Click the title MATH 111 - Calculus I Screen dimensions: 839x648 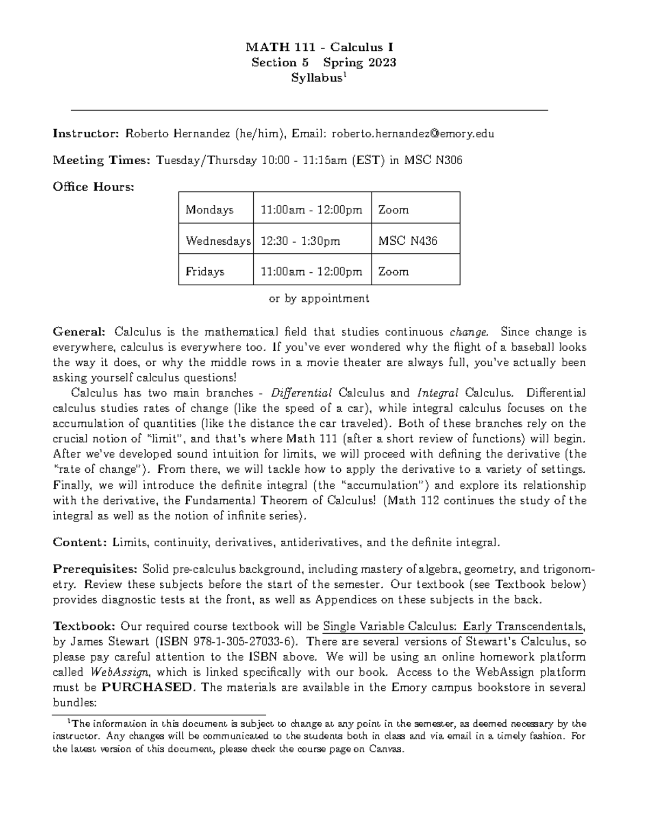[x=323, y=47]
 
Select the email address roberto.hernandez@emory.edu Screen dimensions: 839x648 [x=413, y=133]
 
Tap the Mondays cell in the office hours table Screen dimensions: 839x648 [x=210, y=210]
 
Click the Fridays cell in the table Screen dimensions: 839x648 [x=205, y=272]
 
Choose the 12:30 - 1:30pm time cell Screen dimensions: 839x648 [x=300, y=241]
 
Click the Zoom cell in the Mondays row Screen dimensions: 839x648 [x=393, y=210]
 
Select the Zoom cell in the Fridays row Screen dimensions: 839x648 [x=393, y=272]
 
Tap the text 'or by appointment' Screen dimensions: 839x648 [x=319, y=298]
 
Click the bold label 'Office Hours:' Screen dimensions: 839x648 [x=93, y=187]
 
